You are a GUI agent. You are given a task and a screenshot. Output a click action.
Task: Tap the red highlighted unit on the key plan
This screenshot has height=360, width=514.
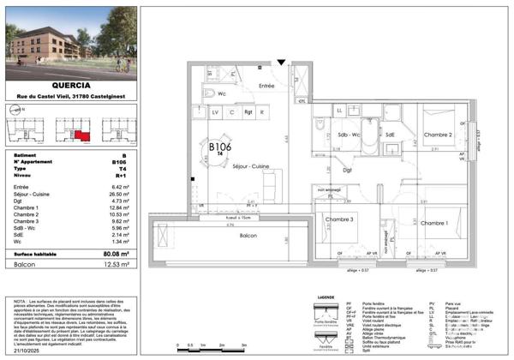click(x=79, y=135)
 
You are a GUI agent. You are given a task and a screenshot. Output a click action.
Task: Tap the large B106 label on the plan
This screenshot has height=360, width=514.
click(x=221, y=147)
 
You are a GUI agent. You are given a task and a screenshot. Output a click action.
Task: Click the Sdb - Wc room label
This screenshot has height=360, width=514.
click(x=348, y=135)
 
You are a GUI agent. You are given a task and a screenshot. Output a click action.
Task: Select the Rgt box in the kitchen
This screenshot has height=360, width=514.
click(x=248, y=112)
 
